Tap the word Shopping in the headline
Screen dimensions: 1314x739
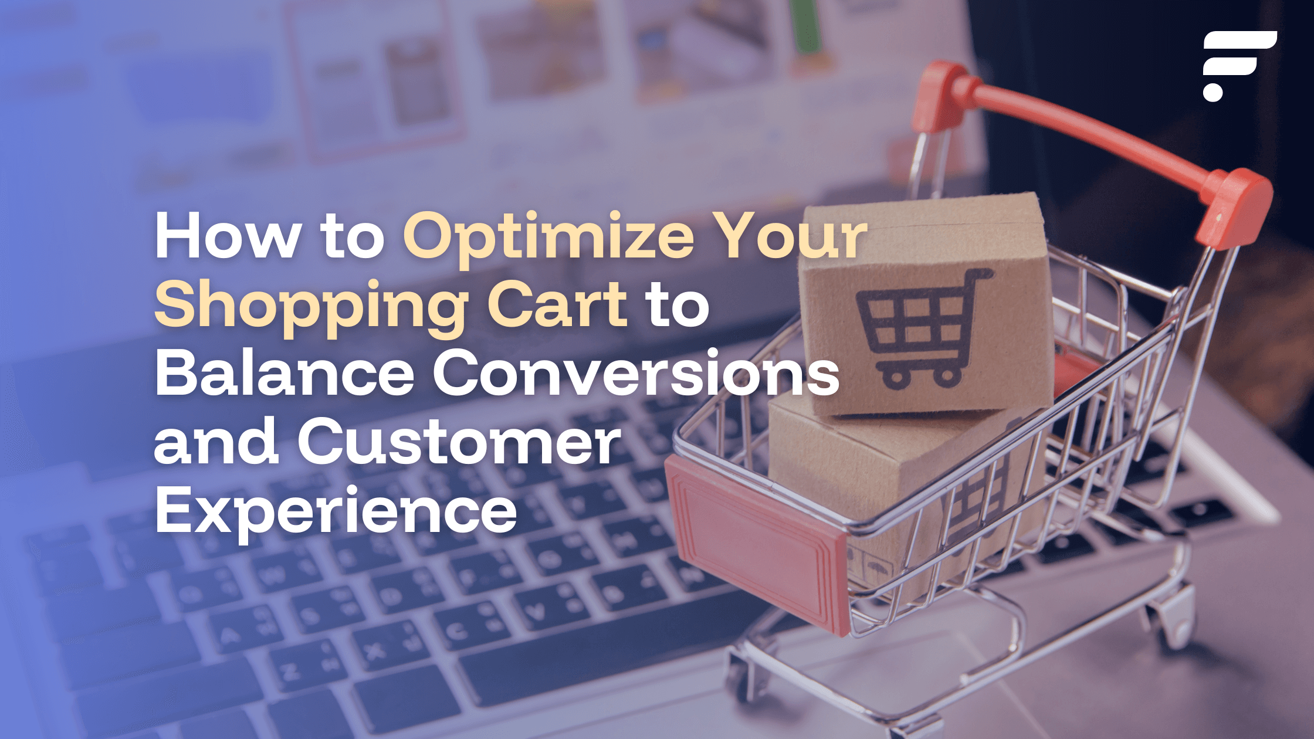[x=311, y=306]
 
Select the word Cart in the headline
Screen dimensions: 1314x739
[x=557, y=303]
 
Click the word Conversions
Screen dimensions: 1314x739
[x=636, y=372]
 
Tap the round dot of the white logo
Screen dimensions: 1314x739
[x=1213, y=91]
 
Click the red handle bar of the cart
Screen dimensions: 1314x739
[x=1091, y=141]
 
